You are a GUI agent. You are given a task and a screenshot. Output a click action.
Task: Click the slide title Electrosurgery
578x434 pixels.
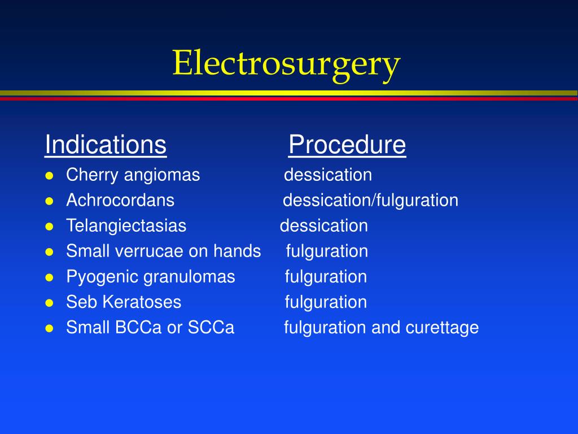(286, 63)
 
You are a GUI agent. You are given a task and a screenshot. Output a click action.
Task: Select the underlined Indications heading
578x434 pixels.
(106, 145)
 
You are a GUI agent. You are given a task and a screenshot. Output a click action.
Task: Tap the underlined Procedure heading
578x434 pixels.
(347, 145)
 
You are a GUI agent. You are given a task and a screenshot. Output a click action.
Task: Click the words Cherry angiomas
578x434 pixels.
(133, 175)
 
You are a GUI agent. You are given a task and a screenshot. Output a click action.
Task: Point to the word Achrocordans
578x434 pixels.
(120, 200)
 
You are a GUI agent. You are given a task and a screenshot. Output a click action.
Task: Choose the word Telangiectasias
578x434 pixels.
(126, 226)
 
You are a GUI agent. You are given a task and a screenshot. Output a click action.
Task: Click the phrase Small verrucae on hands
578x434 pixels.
(163, 251)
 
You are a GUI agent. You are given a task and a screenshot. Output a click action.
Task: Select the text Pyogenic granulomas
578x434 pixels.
(150, 277)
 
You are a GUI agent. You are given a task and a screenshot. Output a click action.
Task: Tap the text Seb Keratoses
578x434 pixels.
(124, 302)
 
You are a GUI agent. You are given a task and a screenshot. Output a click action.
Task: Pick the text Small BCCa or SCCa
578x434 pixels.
(150, 328)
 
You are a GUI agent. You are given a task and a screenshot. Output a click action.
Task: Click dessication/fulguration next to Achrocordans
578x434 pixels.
(370, 200)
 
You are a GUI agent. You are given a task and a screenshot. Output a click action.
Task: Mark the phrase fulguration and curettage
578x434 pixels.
(381, 328)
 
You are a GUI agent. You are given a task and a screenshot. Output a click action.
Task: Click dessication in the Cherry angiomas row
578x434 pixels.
(327, 175)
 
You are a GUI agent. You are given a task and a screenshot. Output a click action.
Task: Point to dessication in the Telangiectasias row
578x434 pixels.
(323, 226)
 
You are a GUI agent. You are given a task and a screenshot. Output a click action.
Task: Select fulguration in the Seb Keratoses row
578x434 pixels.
(326, 302)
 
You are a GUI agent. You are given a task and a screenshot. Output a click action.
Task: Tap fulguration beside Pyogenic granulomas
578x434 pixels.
(326, 277)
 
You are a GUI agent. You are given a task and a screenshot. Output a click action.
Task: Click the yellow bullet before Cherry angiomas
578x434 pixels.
(49, 176)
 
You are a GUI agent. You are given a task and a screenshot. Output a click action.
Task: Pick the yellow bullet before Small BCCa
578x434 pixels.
(49, 328)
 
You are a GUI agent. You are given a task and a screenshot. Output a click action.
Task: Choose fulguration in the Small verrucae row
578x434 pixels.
(327, 251)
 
